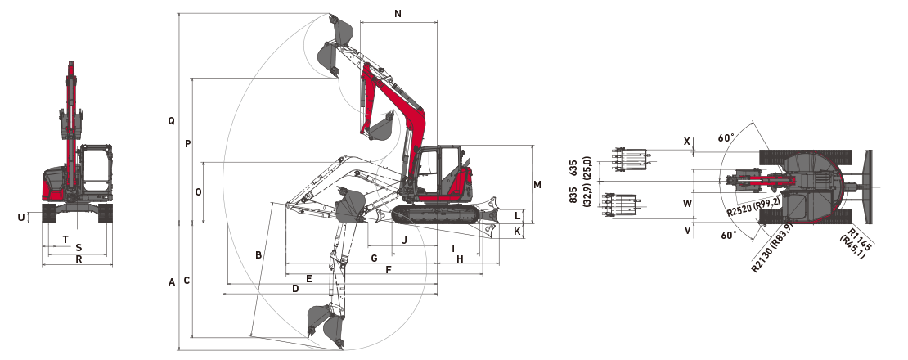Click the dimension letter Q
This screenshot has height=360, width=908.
171,120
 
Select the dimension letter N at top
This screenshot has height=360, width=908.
398,14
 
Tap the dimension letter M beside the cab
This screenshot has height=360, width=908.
537,185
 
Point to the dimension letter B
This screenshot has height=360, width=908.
258,255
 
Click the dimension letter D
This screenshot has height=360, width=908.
294,289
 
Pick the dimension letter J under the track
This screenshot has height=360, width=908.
404,240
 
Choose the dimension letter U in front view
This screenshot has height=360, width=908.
20,217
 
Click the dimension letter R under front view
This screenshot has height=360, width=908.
78,259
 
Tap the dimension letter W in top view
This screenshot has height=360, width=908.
687,202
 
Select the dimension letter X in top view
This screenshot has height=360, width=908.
687,142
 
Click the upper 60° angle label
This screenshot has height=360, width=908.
726,137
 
